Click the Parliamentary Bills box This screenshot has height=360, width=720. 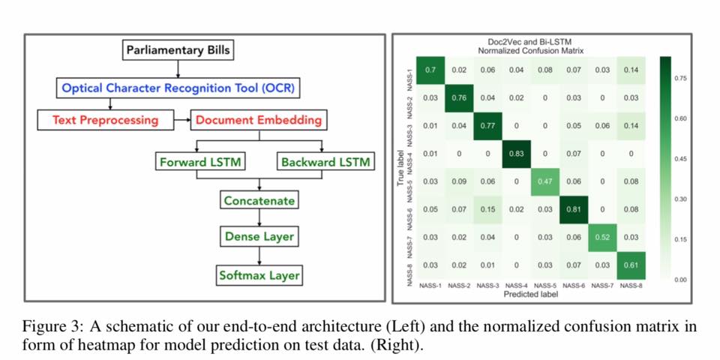coord(177,51)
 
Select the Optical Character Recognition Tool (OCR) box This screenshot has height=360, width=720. coord(178,88)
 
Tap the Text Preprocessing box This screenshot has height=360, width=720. coord(105,119)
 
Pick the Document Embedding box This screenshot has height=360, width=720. coord(259,119)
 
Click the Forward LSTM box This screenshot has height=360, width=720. coord(200,161)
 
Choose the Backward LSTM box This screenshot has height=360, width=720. coord(324,161)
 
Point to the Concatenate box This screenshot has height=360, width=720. coord(259,200)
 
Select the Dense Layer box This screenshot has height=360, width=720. coord(259,237)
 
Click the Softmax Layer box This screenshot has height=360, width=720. coord(259,275)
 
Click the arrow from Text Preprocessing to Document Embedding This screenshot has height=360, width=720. coord(181,119)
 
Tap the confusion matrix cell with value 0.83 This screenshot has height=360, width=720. coord(517,154)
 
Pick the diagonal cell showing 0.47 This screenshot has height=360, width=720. coord(546,181)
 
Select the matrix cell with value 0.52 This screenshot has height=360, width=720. coord(602,236)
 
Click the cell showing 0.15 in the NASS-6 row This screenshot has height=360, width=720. coord(488,208)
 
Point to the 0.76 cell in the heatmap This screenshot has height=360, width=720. coord(460,97)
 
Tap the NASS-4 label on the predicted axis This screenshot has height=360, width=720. coord(517,286)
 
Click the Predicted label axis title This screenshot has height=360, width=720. coord(531,294)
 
